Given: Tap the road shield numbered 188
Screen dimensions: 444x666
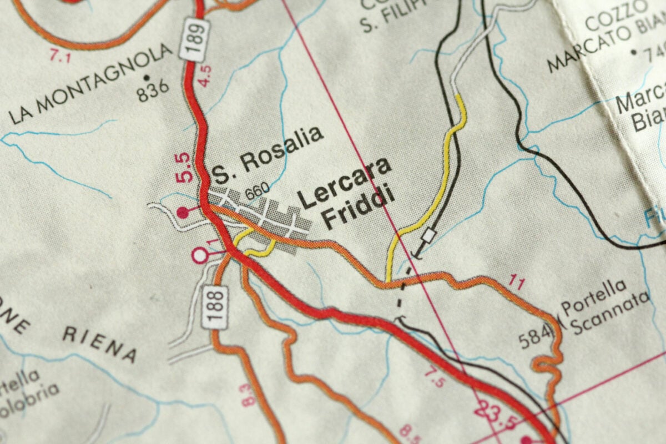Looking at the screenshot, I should [219, 306].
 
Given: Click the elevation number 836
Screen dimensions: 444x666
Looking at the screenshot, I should [152, 90].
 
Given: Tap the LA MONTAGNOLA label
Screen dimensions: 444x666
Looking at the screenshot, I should [92, 83].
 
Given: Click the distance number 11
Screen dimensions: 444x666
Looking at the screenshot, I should [516, 284].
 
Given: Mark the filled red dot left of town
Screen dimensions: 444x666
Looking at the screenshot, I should [183, 211].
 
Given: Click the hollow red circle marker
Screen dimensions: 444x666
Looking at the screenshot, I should [199, 255].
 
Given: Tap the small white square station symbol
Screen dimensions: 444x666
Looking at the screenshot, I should [427, 236].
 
